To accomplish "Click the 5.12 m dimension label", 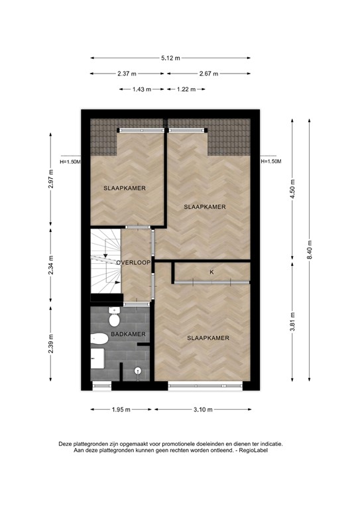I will point(170,58).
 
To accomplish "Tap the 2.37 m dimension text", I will point(127,74).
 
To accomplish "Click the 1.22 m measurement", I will point(186,89).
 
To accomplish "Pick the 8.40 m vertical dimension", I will point(308,250).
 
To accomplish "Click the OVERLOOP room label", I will point(133,263).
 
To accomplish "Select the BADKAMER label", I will point(129,335).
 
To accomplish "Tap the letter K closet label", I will point(211,272).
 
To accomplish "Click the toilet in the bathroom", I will point(99,338).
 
